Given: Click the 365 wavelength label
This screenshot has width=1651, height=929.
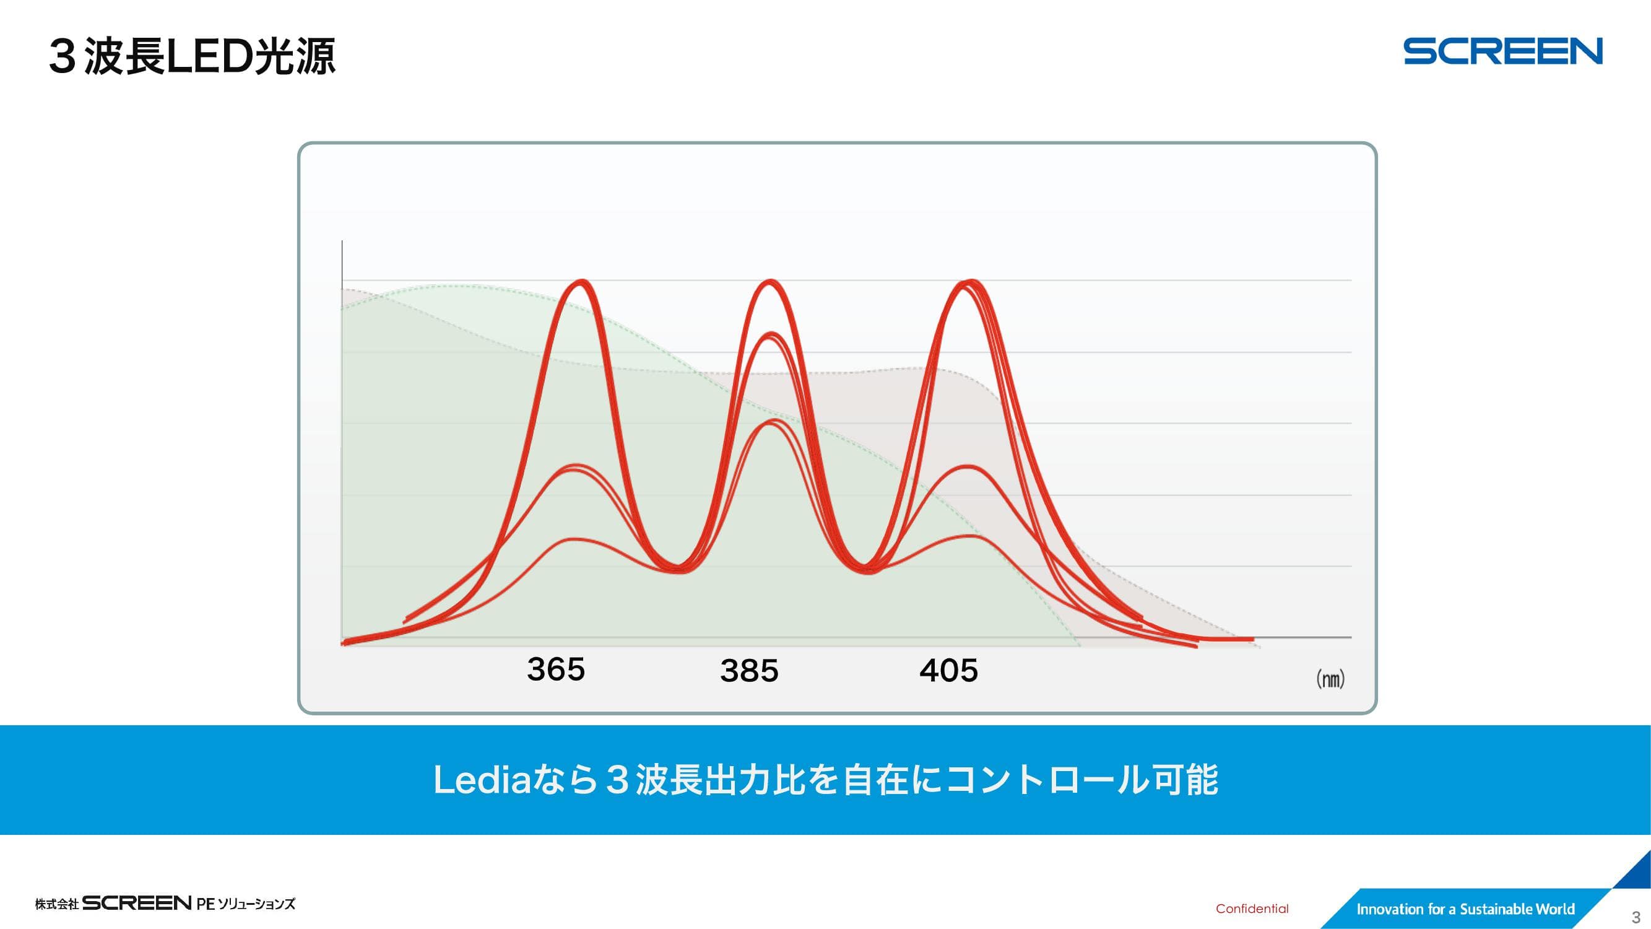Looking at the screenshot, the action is pos(556,669).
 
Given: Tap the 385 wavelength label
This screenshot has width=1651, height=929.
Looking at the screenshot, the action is pos(748,671).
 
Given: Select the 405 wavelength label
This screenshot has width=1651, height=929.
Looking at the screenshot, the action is pos(948,671).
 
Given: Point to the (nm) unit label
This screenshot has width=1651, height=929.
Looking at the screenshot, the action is pos(1330,678).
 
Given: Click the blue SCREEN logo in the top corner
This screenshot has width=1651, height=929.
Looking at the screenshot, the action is pos(1503,51).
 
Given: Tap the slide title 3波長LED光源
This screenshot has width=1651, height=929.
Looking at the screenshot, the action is pos(193,56).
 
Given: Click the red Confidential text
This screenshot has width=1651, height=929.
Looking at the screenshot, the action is pos(1252,909).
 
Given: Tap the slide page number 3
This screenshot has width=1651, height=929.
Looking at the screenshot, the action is pos(1636,917).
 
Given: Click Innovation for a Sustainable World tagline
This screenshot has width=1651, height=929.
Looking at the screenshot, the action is pos(1465,909).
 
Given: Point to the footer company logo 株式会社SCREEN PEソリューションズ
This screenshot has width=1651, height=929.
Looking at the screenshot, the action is pos(165,904).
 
